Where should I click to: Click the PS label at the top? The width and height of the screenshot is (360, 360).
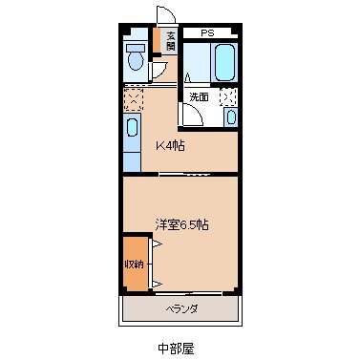click(x=207, y=32)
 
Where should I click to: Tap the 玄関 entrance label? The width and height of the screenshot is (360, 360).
click(x=171, y=42)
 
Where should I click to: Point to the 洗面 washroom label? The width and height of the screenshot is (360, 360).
click(x=198, y=96)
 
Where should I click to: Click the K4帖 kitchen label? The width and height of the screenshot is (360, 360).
click(x=171, y=146)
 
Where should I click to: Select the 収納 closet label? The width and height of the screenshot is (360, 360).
click(x=135, y=264)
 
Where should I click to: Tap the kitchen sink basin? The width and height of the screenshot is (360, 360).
click(x=133, y=128)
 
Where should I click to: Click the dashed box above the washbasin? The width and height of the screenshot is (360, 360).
click(x=229, y=95)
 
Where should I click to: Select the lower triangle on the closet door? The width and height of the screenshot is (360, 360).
click(x=155, y=285)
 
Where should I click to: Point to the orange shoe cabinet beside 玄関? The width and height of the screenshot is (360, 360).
click(x=159, y=43)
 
